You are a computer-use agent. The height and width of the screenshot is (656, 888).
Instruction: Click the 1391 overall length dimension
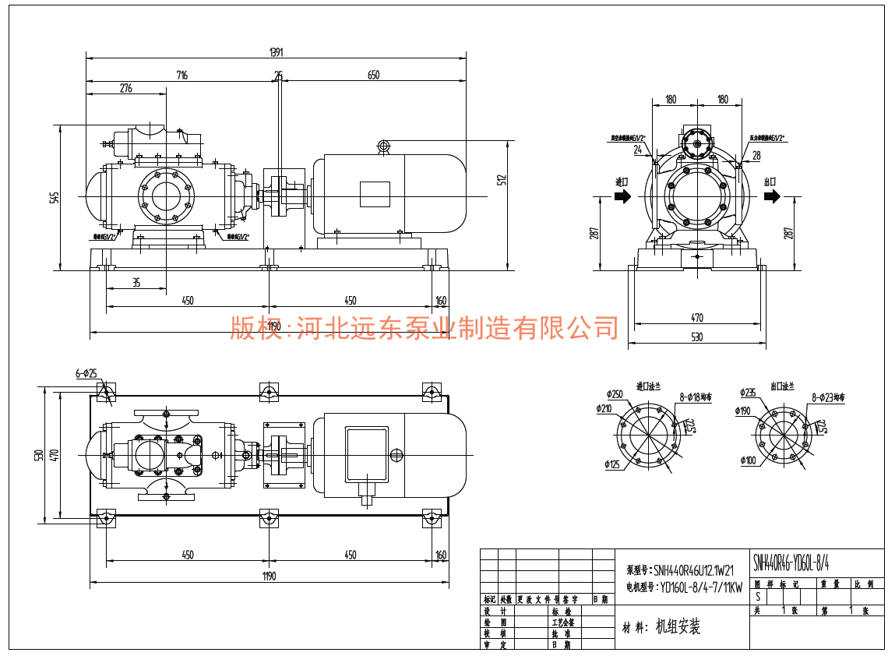pyautogui.click(x=276, y=52)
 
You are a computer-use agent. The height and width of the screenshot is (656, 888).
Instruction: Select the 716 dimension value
pyautogui.click(x=182, y=76)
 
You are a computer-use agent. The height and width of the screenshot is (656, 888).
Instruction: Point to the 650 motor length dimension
pyautogui.click(x=373, y=76)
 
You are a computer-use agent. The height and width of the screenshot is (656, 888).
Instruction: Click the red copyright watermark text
pyautogui.click(x=424, y=328)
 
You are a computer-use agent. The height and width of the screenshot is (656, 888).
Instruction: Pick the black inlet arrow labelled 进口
pyautogui.click(x=622, y=196)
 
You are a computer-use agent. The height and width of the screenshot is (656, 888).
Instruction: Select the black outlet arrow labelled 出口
pyautogui.click(x=771, y=196)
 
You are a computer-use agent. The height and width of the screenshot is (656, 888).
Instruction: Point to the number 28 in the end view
pyautogui.click(x=756, y=156)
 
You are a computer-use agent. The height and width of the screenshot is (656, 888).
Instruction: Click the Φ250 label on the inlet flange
pyautogui.click(x=615, y=393)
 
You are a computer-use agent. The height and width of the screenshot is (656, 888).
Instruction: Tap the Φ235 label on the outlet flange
pyautogui.click(x=749, y=392)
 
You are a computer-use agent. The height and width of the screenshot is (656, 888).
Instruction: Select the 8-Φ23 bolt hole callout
pyautogui.click(x=828, y=397)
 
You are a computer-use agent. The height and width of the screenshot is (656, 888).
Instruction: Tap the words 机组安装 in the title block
pyautogui.click(x=678, y=627)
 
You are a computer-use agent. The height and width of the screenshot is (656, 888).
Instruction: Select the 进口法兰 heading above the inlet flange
pyautogui.click(x=648, y=386)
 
